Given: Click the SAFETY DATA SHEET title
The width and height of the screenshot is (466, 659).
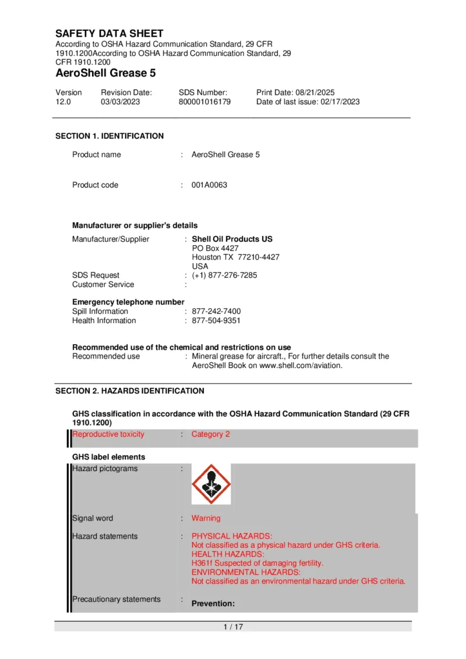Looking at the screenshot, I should [x=110, y=34].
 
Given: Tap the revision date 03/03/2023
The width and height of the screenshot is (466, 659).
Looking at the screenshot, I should [x=120, y=101].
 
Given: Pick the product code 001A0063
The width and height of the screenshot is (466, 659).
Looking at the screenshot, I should [x=209, y=185].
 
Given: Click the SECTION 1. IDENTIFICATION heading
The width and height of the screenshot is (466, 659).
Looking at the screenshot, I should [x=110, y=136].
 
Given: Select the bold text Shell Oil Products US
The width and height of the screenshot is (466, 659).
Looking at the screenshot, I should [x=232, y=239].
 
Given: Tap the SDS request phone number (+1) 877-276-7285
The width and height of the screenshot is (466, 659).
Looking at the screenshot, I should [x=224, y=275].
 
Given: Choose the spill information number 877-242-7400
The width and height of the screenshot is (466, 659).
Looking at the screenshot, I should [x=216, y=311].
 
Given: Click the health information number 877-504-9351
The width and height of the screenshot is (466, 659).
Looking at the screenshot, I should [x=216, y=321].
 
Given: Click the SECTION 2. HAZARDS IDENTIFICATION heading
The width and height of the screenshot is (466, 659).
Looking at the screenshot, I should [x=130, y=391].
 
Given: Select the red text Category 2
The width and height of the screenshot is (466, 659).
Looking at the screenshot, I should [x=210, y=434].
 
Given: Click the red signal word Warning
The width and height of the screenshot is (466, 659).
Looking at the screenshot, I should [x=206, y=518].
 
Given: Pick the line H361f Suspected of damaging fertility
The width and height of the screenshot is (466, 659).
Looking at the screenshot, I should [x=257, y=564].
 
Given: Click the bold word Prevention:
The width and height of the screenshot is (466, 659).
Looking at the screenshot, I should [x=213, y=604].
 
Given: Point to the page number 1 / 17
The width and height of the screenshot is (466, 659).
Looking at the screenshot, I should [x=233, y=627].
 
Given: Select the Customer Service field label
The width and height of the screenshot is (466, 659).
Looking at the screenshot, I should [x=103, y=285].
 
